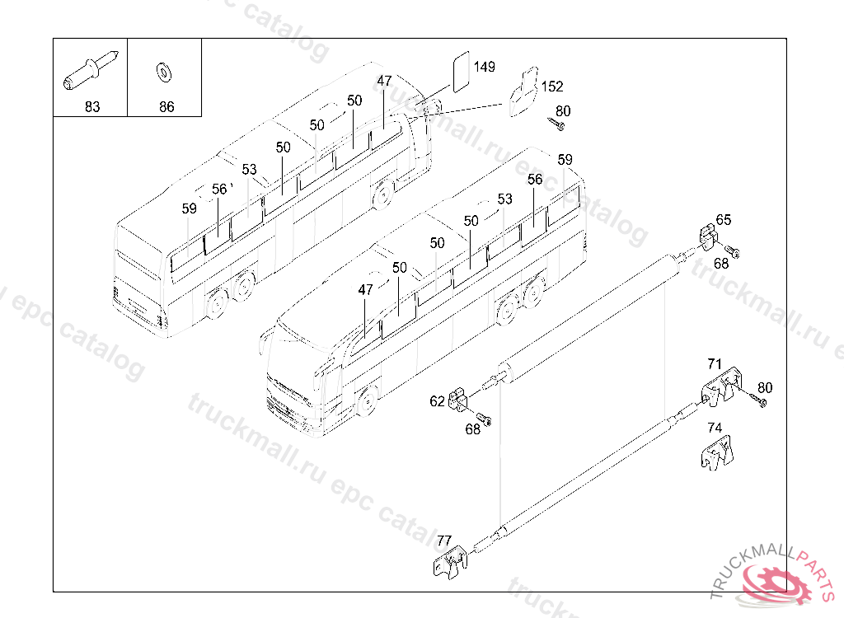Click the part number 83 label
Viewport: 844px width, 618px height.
click(x=91, y=107)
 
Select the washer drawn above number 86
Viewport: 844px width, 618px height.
click(x=165, y=73)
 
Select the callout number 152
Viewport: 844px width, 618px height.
click(x=552, y=87)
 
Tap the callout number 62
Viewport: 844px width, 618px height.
click(x=437, y=402)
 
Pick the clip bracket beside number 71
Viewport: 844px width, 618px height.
click(x=722, y=386)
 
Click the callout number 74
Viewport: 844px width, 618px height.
click(x=715, y=428)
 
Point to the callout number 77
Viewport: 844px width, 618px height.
click(x=444, y=541)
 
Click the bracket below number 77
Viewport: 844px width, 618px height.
click(x=448, y=566)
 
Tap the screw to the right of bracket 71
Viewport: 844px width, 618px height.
click(x=757, y=400)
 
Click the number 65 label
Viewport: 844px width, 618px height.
click(x=723, y=220)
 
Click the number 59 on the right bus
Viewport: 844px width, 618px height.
click(x=565, y=159)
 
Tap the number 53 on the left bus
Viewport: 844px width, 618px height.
click(x=250, y=170)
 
